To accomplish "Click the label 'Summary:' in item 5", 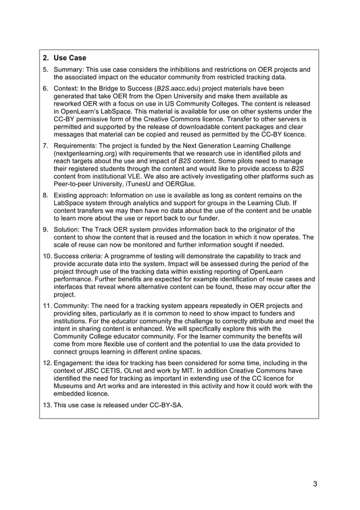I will point(71,70).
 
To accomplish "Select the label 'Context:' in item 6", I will point(68,89).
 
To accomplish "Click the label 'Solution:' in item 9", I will point(69,229).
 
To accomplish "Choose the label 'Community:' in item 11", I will point(74,306).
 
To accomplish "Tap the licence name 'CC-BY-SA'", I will point(165,406).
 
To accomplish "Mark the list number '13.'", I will point(47,406).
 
